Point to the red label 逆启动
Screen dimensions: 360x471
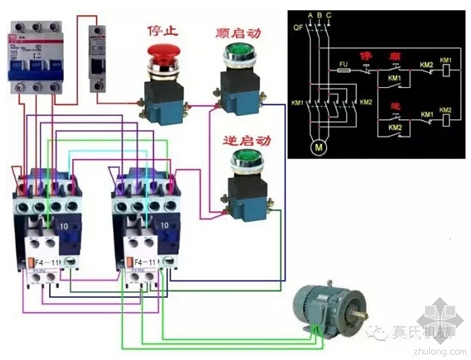click(246, 141)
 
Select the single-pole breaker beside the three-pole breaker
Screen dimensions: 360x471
click(98, 59)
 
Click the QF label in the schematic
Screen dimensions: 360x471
click(297, 28)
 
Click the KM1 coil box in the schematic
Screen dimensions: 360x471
click(446, 71)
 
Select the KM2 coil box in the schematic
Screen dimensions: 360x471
click(446, 120)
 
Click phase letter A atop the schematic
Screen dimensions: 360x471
click(310, 15)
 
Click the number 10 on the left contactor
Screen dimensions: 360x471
click(64, 224)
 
